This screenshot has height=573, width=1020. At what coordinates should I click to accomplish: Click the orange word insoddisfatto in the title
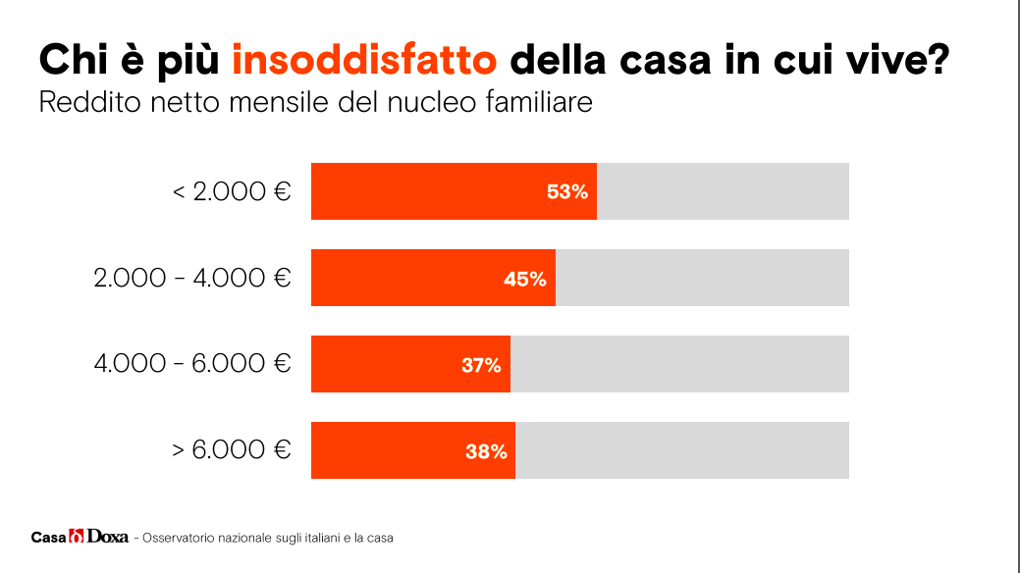(x=365, y=60)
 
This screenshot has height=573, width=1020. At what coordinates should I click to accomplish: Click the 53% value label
(x=567, y=192)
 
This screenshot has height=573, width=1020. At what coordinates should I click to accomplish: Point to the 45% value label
(x=525, y=279)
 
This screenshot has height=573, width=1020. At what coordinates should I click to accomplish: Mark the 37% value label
(x=481, y=365)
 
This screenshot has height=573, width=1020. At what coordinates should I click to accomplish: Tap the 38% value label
(x=486, y=451)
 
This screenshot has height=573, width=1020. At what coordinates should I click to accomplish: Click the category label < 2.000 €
(x=232, y=191)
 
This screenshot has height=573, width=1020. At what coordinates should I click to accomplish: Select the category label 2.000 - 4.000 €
(x=192, y=278)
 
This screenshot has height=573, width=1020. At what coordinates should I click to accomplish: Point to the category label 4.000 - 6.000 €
(x=192, y=364)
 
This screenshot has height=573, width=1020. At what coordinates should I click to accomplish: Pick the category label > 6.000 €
(x=232, y=450)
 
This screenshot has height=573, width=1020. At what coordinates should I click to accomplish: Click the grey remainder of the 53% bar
(x=723, y=191)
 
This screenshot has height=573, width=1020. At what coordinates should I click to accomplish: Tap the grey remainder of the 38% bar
(x=682, y=450)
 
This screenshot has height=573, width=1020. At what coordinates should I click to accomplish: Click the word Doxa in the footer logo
(x=108, y=537)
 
